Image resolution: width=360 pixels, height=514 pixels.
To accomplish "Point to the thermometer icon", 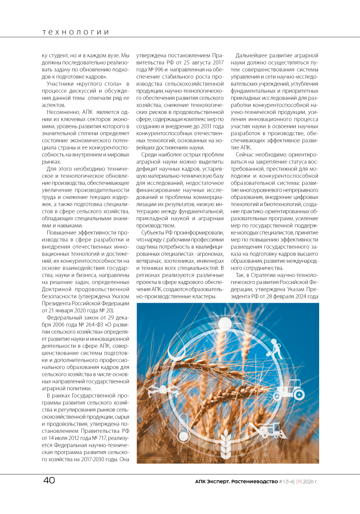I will tap(183, 427).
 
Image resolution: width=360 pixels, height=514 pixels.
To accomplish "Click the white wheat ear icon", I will tap(226, 442).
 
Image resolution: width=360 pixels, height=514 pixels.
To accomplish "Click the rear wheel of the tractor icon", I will tap(299, 394).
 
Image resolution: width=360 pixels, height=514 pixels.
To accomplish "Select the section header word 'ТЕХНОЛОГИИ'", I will tap(76, 32).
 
